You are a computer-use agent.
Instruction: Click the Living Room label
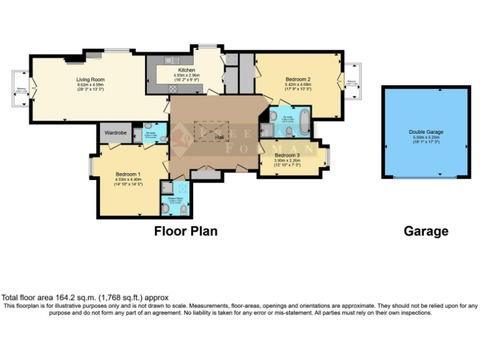click(90, 79)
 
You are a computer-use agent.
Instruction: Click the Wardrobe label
click(116, 132)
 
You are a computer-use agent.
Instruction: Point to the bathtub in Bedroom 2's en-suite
click(304, 122)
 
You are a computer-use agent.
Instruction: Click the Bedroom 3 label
click(287, 155)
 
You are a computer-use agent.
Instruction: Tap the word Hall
click(219, 136)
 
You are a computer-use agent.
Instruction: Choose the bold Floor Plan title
click(186, 231)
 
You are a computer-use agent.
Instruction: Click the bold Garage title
click(426, 231)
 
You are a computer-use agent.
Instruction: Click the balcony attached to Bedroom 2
click(353, 82)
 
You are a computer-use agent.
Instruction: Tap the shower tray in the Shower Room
click(167, 187)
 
